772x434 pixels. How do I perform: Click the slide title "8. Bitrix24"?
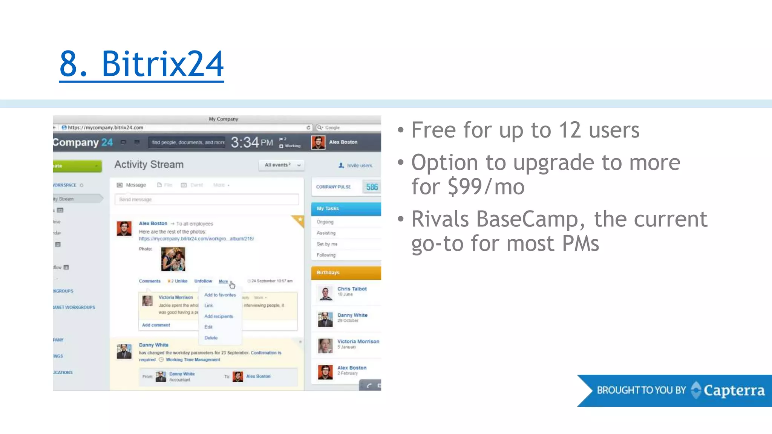point(141,64)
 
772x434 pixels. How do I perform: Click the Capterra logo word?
point(734,391)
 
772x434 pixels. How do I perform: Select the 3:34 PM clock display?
point(251,142)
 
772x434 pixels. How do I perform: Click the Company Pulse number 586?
point(372,187)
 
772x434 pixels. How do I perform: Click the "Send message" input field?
point(207,199)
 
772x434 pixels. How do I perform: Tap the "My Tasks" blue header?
point(346,209)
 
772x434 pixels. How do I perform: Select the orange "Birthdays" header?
point(346,273)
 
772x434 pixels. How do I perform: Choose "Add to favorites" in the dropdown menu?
point(220,295)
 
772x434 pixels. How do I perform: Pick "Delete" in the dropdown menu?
point(211,338)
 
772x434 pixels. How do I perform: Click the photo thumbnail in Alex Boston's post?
point(173,259)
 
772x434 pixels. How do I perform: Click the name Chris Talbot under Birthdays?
point(352,289)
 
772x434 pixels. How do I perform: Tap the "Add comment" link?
point(156,325)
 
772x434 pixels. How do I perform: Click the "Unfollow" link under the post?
point(203,281)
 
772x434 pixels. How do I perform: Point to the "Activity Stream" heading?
point(149,165)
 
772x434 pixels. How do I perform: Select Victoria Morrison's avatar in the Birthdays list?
point(325,345)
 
